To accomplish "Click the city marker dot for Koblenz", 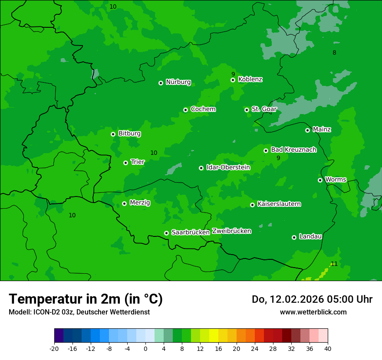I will coord(233,80).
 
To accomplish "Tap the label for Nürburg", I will coord(178,82).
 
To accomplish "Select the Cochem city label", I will coord(203,109).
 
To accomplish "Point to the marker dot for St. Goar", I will coord(247,110).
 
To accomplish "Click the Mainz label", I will coord(322,129).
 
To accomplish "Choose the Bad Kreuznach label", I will coord(293,150).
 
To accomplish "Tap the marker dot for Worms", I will coord(320,180).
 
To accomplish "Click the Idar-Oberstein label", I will coord(228,167).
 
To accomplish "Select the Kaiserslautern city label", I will coord(279,204).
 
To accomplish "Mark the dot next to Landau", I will coord(294,237).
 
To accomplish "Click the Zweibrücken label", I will coord(231,231).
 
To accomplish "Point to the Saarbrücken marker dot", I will coord(166,233).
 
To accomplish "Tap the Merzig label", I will coord(140,203).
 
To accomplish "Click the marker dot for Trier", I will coord(125,163).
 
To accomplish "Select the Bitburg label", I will coord(129,134).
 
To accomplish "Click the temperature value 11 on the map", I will coord(334,264).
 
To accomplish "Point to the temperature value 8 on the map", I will coord(334,53).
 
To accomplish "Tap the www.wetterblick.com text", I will coord(313,312).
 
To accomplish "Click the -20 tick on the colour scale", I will coord(54,349).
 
